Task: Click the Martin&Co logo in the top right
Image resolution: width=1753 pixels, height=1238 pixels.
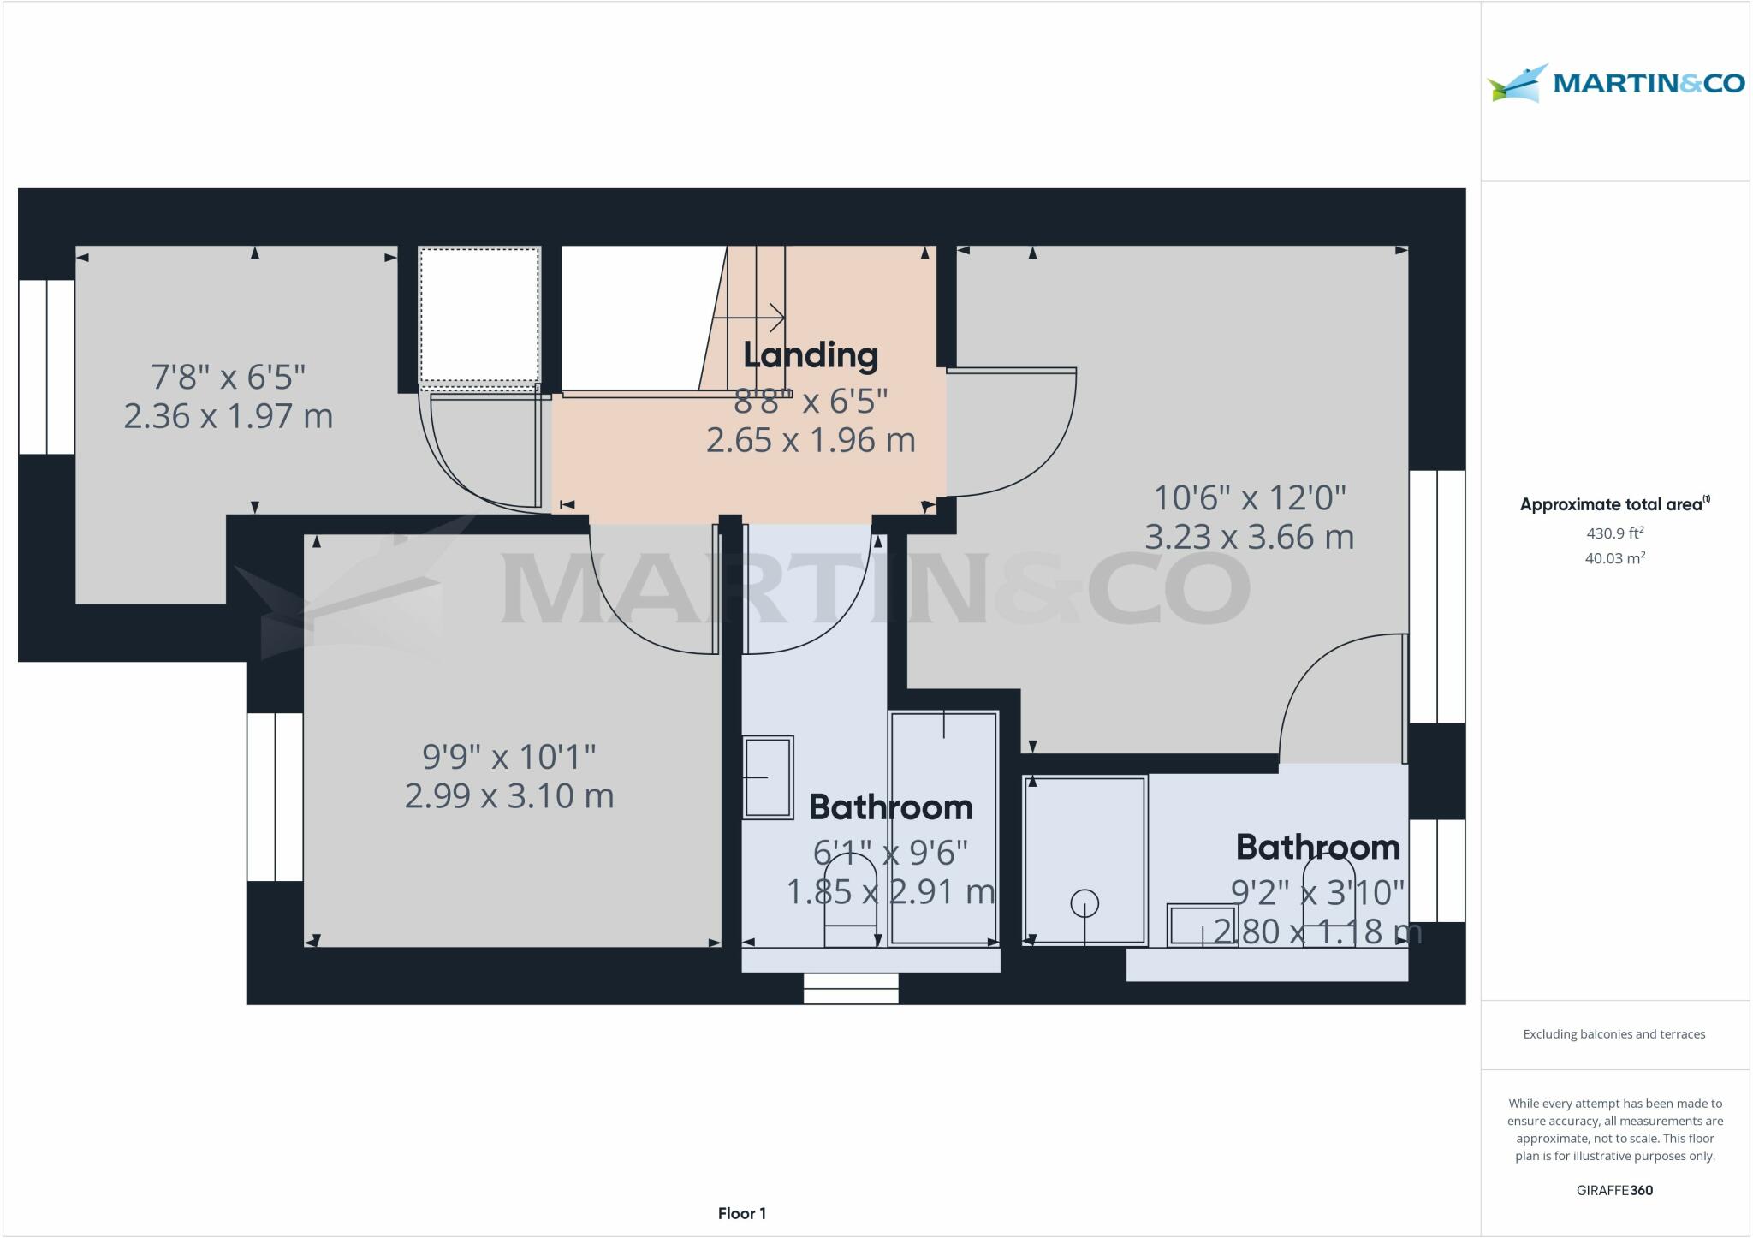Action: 1615,84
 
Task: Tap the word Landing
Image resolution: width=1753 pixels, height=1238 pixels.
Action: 810,355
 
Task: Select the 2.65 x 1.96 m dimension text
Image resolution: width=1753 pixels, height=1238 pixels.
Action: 811,440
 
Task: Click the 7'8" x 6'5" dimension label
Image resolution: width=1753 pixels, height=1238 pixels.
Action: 229,377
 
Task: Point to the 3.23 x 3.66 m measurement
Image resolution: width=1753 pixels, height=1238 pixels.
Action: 1249,538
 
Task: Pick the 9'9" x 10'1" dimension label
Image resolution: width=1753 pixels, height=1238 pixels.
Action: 509,757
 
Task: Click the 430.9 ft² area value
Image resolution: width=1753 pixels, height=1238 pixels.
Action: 1615,533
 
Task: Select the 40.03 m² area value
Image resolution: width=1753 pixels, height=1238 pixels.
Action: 1615,558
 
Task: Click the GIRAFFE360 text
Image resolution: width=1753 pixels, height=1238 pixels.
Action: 1614,1190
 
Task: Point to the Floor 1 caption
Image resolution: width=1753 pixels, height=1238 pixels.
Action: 742,1213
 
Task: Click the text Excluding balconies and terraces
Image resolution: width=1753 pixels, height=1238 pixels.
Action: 1614,1034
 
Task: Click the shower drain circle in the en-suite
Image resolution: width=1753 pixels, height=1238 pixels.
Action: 1084,903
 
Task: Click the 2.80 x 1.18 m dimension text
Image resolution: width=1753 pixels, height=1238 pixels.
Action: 1317,931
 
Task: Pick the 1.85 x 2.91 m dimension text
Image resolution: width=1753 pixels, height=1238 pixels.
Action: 890,892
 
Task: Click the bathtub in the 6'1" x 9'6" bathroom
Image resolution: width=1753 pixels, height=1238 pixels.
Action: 943,827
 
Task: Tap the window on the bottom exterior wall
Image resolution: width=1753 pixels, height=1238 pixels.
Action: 851,989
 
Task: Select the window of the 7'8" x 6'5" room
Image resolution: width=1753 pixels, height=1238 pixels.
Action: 47,366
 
